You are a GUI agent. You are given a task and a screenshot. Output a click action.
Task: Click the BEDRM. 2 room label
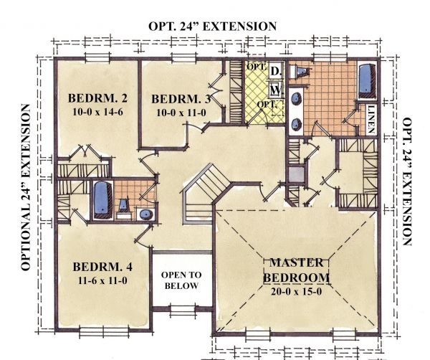(97, 98)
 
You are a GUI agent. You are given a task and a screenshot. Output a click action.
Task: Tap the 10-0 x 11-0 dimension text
(181, 113)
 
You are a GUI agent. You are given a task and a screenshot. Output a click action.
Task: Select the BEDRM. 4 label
(102, 267)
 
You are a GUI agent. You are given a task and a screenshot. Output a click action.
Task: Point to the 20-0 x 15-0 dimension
(297, 291)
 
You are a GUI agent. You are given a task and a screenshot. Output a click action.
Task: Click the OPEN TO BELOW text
(181, 280)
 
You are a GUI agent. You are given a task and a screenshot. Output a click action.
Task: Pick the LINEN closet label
(371, 119)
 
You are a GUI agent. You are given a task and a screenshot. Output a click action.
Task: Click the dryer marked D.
(276, 71)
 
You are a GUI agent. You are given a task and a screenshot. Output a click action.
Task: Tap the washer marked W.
(276, 89)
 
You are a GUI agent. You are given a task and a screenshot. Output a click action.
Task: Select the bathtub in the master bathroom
(368, 81)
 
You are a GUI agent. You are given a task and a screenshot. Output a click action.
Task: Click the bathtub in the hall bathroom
(102, 200)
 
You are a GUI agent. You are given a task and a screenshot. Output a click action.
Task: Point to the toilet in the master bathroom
(298, 72)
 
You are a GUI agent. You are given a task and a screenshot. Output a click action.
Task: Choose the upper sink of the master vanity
(297, 98)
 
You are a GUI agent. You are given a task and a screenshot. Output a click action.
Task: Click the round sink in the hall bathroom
(146, 214)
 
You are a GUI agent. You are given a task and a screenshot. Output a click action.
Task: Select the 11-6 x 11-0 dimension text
(102, 280)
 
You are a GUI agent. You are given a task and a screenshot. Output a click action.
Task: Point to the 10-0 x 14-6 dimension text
(97, 112)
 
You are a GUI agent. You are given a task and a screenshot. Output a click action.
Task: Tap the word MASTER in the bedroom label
(297, 262)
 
